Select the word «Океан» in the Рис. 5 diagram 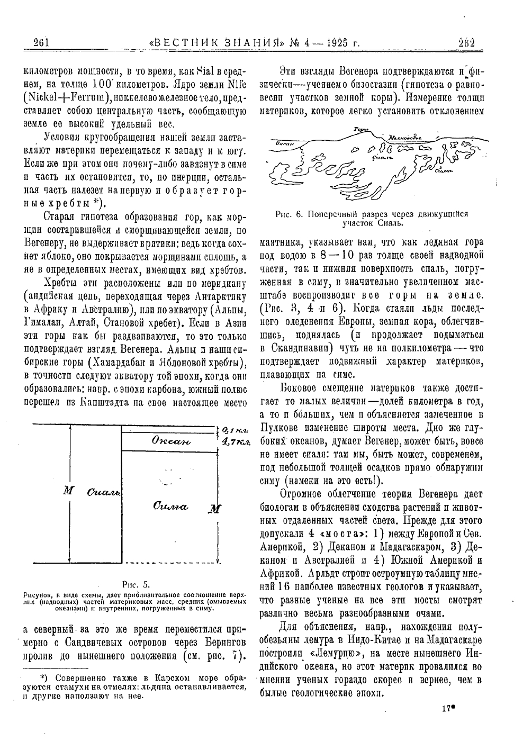coord(170,441)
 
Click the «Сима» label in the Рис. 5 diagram coord(170,507)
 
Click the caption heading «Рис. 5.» coord(136,585)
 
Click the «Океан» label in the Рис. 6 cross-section coord(285,143)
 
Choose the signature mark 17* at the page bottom coord(447,707)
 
